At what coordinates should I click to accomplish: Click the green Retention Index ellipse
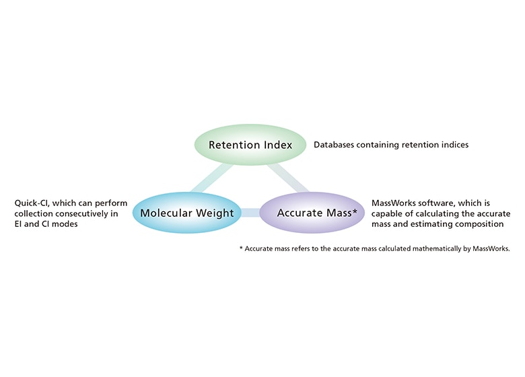[249, 145]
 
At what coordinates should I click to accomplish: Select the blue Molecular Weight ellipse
[187, 213]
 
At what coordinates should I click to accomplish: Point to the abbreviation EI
[19, 224]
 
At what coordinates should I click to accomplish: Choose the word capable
[387, 213]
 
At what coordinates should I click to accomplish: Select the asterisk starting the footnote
[241, 248]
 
